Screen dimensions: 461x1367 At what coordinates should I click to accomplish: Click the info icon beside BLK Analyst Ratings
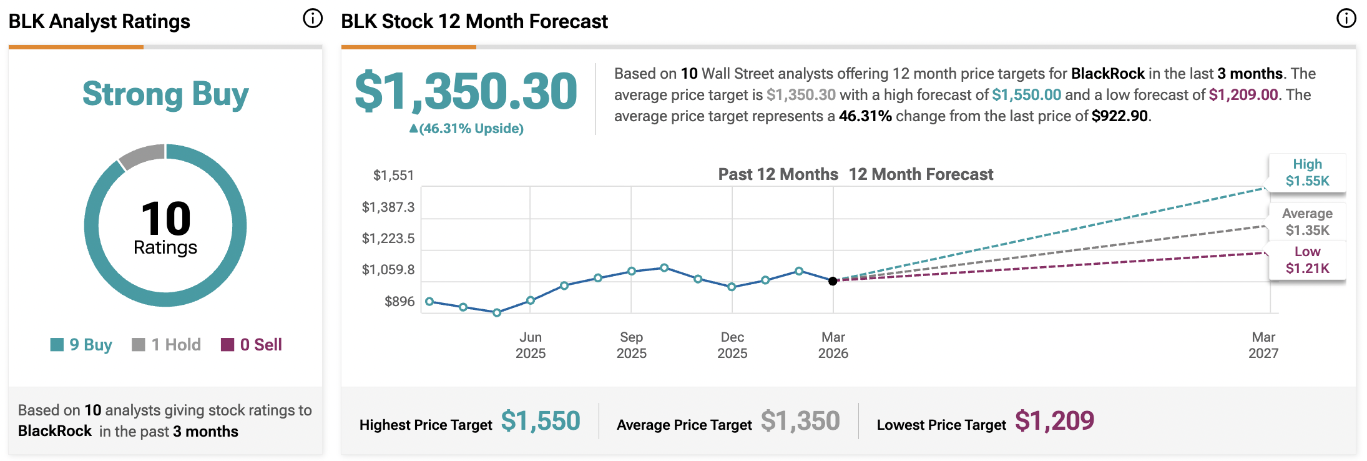click(313, 19)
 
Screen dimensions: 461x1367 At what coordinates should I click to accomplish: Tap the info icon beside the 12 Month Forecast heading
click(1346, 19)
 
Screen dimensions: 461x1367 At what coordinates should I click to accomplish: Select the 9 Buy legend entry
click(82, 345)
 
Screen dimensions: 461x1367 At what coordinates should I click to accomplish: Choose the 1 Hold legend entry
click(167, 345)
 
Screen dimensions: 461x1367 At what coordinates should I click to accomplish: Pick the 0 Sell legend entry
click(252, 345)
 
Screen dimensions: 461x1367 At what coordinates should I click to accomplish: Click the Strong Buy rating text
click(165, 94)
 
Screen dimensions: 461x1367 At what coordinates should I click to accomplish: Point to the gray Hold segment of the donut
click(141, 156)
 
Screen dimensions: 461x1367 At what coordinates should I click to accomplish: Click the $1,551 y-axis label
click(393, 176)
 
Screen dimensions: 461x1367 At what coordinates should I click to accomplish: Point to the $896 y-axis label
click(399, 302)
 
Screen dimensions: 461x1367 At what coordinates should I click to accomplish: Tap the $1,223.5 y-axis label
click(388, 239)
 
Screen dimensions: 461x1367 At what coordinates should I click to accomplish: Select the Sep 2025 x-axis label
click(631, 345)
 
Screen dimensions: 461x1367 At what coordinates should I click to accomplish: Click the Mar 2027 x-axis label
click(1263, 345)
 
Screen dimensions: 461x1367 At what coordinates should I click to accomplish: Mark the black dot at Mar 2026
click(833, 281)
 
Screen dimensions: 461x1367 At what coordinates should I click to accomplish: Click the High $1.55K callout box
click(1307, 172)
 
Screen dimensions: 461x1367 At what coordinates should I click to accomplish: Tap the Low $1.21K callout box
click(1307, 260)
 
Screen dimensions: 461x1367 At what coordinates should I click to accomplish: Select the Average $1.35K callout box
click(1307, 222)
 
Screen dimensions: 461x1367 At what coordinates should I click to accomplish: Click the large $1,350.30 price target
click(466, 91)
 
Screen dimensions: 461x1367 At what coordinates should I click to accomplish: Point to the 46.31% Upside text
click(467, 129)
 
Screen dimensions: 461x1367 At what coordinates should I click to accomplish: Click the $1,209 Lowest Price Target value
click(1054, 421)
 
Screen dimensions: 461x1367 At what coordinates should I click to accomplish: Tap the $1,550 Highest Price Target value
click(541, 421)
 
